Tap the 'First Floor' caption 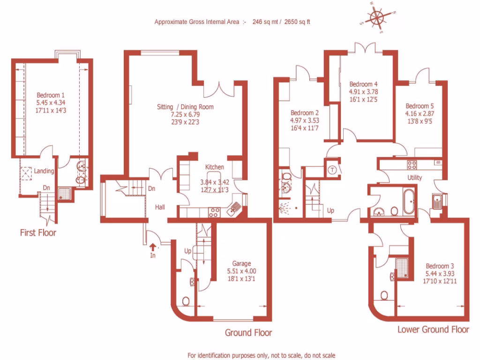tap(38, 232)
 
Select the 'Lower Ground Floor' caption tap(433, 329)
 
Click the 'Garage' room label tap(242, 263)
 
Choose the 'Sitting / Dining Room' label tap(185, 107)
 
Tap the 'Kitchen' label tap(215, 167)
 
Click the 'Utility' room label tap(414, 178)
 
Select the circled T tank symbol tap(331, 170)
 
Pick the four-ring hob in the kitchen tap(214, 212)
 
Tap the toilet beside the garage tap(186, 301)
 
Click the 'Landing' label tap(44, 171)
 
